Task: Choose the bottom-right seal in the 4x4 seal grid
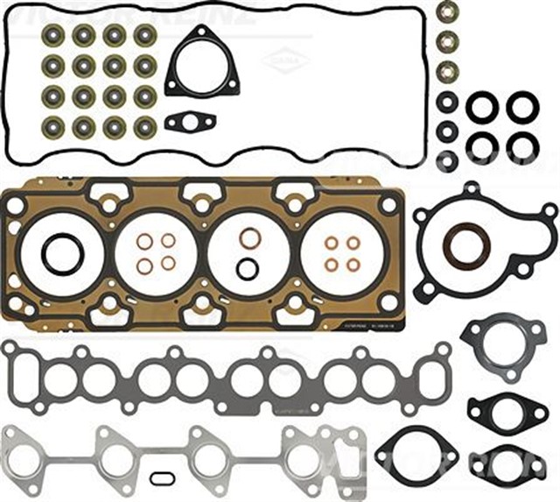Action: (144, 126)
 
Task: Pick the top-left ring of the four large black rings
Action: (481, 108)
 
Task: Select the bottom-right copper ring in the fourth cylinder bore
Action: (353, 265)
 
